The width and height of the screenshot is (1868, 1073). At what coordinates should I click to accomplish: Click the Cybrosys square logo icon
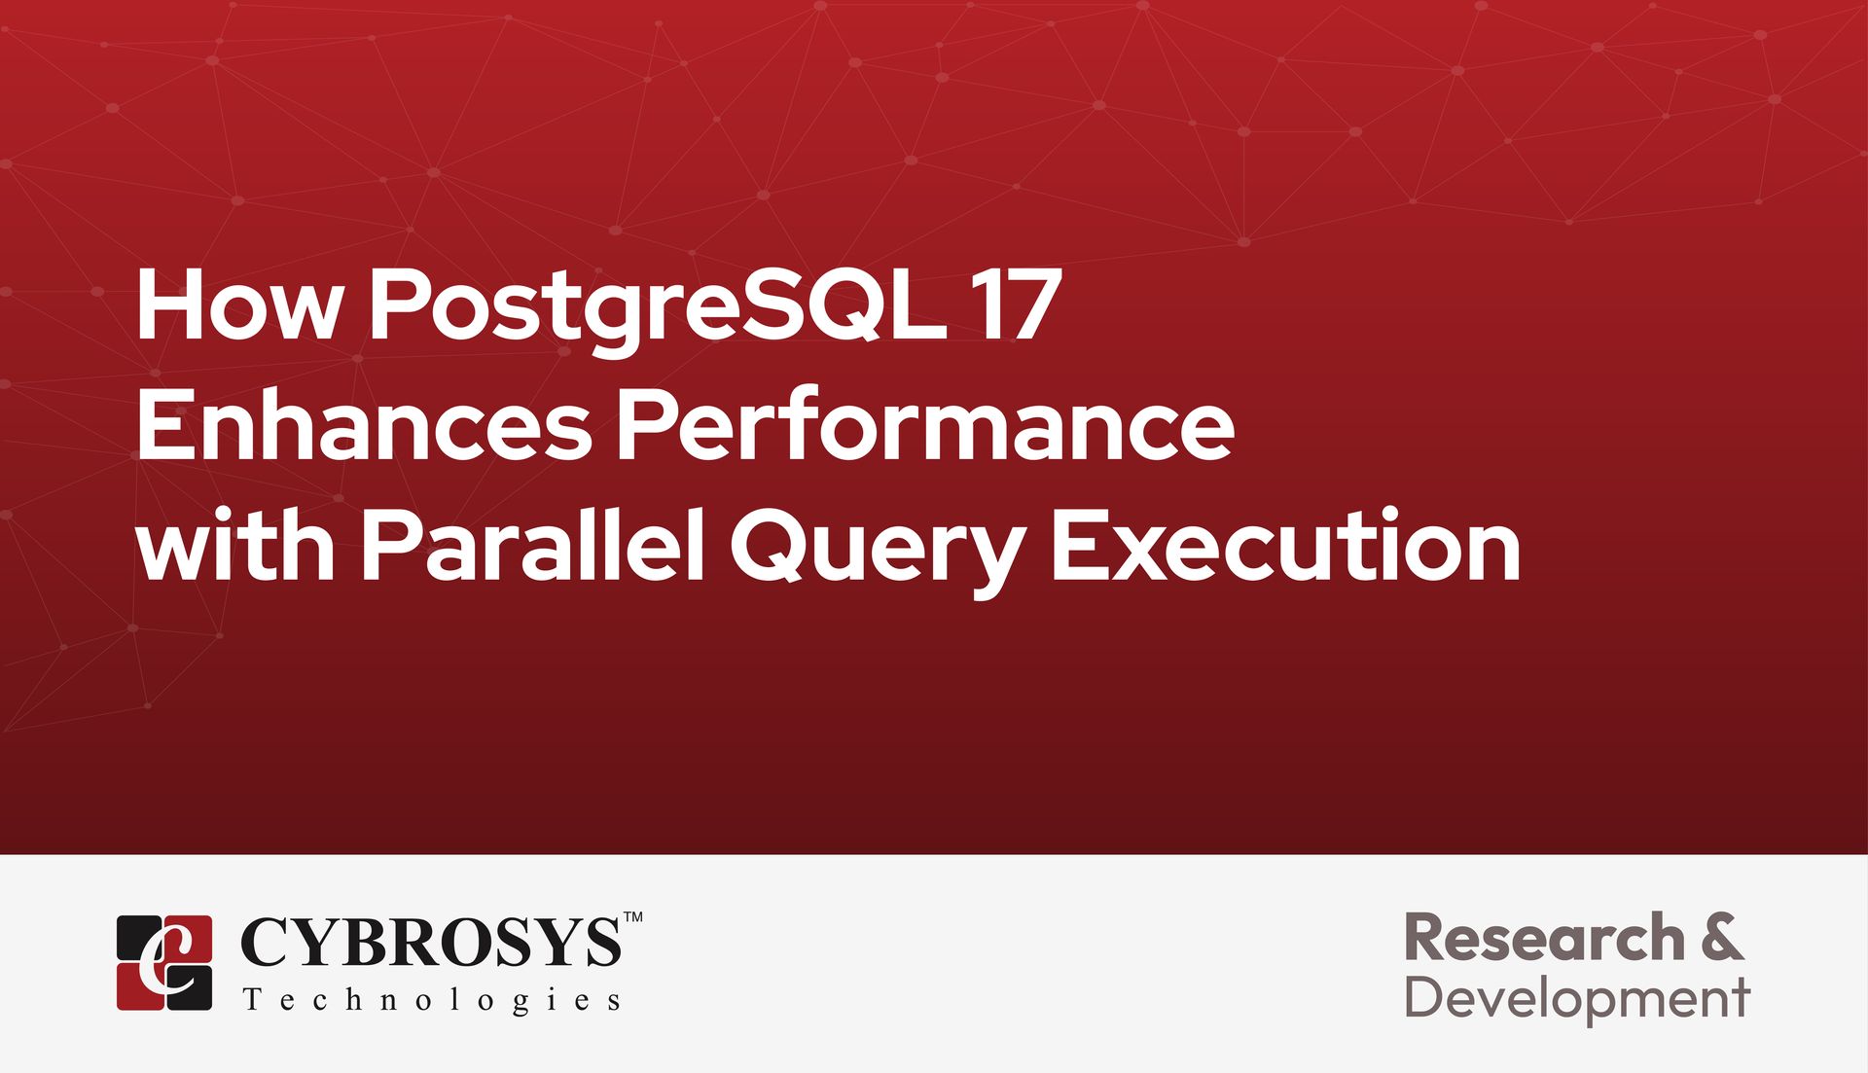164,962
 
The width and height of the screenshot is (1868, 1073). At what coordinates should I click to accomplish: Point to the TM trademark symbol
632,916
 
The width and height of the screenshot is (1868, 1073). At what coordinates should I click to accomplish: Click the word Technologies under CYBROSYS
431,1000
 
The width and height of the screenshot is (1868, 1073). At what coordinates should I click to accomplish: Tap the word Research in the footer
1544,938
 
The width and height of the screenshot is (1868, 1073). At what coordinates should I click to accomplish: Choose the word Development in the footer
1577,999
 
